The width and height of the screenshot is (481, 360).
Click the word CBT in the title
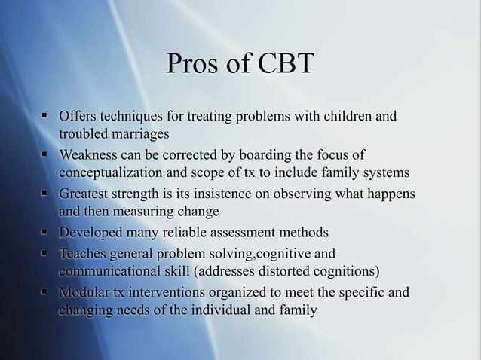(x=285, y=66)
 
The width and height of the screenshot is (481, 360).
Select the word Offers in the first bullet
(x=79, y=117)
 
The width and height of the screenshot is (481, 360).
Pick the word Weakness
(x=90, y=156)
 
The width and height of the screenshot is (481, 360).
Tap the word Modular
(x=85, y=292)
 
